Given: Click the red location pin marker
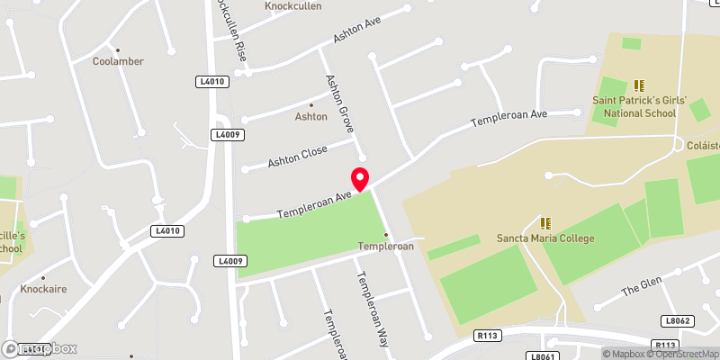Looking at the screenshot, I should tap(360, 178).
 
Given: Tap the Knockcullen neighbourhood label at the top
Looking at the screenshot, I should tap(292, 6).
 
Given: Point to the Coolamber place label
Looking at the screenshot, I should tap(118, 61).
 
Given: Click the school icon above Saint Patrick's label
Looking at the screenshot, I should tap(640, 85).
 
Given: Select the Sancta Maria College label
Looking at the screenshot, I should tap(545, 238).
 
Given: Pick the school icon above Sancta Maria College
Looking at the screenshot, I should tap(545, 222).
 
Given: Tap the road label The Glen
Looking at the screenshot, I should tap(642, 286).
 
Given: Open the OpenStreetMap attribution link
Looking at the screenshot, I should tap(677, 354).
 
